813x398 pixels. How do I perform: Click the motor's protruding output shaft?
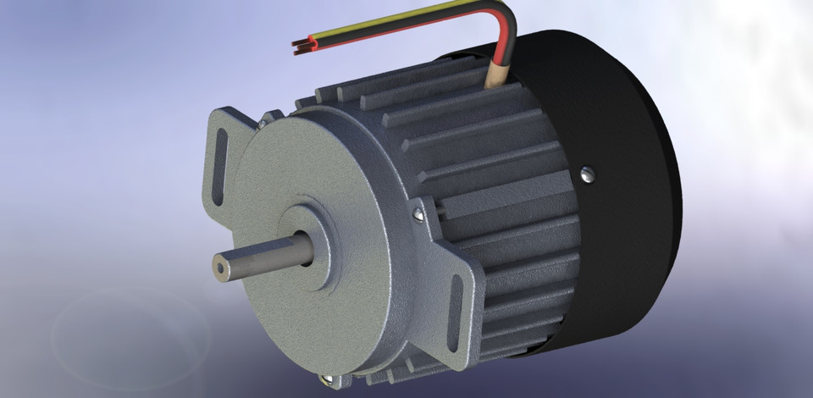click(x=254, y=255)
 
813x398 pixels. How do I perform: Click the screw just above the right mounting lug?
click(x=418, y=215)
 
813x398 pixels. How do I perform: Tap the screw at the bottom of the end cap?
click(x=327, y=379)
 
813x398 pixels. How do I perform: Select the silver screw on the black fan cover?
click(x=589, y=174)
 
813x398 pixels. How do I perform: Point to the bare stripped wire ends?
click(x=299, y=47)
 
